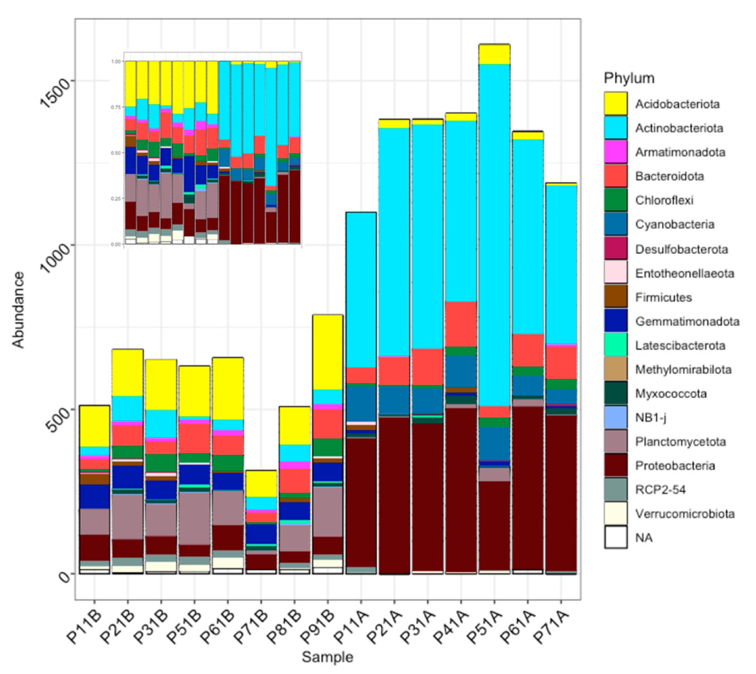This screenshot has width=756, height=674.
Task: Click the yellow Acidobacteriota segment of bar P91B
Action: point(327,352)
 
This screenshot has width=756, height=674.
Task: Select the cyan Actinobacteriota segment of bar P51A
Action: point(494,233)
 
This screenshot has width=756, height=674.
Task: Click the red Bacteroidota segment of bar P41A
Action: point(461,324)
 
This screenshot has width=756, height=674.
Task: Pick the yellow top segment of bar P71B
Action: point(261,483)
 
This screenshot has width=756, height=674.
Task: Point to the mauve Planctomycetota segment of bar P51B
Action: point(195,518)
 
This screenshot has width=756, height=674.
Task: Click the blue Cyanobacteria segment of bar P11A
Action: point(361,404)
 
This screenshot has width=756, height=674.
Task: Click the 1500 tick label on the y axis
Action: point(55,93)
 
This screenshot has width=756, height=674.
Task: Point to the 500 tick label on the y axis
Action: point(55,420)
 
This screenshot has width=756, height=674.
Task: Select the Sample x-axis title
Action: point(327,657)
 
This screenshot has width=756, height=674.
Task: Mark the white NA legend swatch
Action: point(615,537)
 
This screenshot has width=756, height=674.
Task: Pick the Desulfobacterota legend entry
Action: point(681,249)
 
